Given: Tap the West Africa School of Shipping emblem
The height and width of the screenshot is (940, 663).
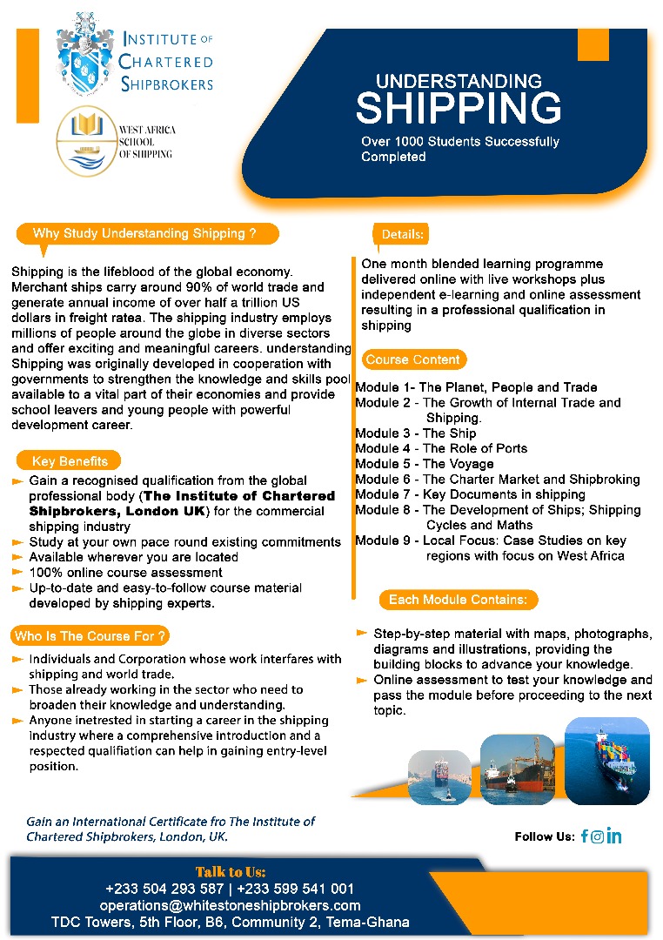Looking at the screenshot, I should point(85,142).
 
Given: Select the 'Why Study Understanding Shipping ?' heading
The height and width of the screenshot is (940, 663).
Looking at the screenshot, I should point(144,233).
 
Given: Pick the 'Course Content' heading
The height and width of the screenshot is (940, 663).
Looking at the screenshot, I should point(412,359).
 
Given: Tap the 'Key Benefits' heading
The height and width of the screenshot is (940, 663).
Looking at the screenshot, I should point(70,461).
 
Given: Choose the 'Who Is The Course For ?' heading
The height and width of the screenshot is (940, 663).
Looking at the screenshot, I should point(90,636).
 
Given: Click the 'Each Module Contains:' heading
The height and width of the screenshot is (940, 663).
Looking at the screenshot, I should point(458,600).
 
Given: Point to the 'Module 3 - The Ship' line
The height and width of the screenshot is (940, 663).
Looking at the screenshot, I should point(416,433).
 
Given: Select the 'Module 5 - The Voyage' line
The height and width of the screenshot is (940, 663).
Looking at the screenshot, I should point(425,464).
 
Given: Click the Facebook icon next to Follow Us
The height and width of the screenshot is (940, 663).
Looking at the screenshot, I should point(585,836).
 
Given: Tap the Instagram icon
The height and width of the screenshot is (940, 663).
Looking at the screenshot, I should point(598,836).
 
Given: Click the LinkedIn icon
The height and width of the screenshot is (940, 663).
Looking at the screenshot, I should point(614,836).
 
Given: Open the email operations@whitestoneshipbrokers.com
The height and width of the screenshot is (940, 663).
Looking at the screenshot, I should point(230,905).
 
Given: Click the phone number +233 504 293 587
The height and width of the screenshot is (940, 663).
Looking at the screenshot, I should point(164,889).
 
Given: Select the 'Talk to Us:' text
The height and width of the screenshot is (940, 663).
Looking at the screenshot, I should point(231,872).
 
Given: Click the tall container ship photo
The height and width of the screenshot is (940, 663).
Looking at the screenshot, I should point(606,760).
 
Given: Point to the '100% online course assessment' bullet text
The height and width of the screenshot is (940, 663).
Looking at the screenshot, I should point(125,573).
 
